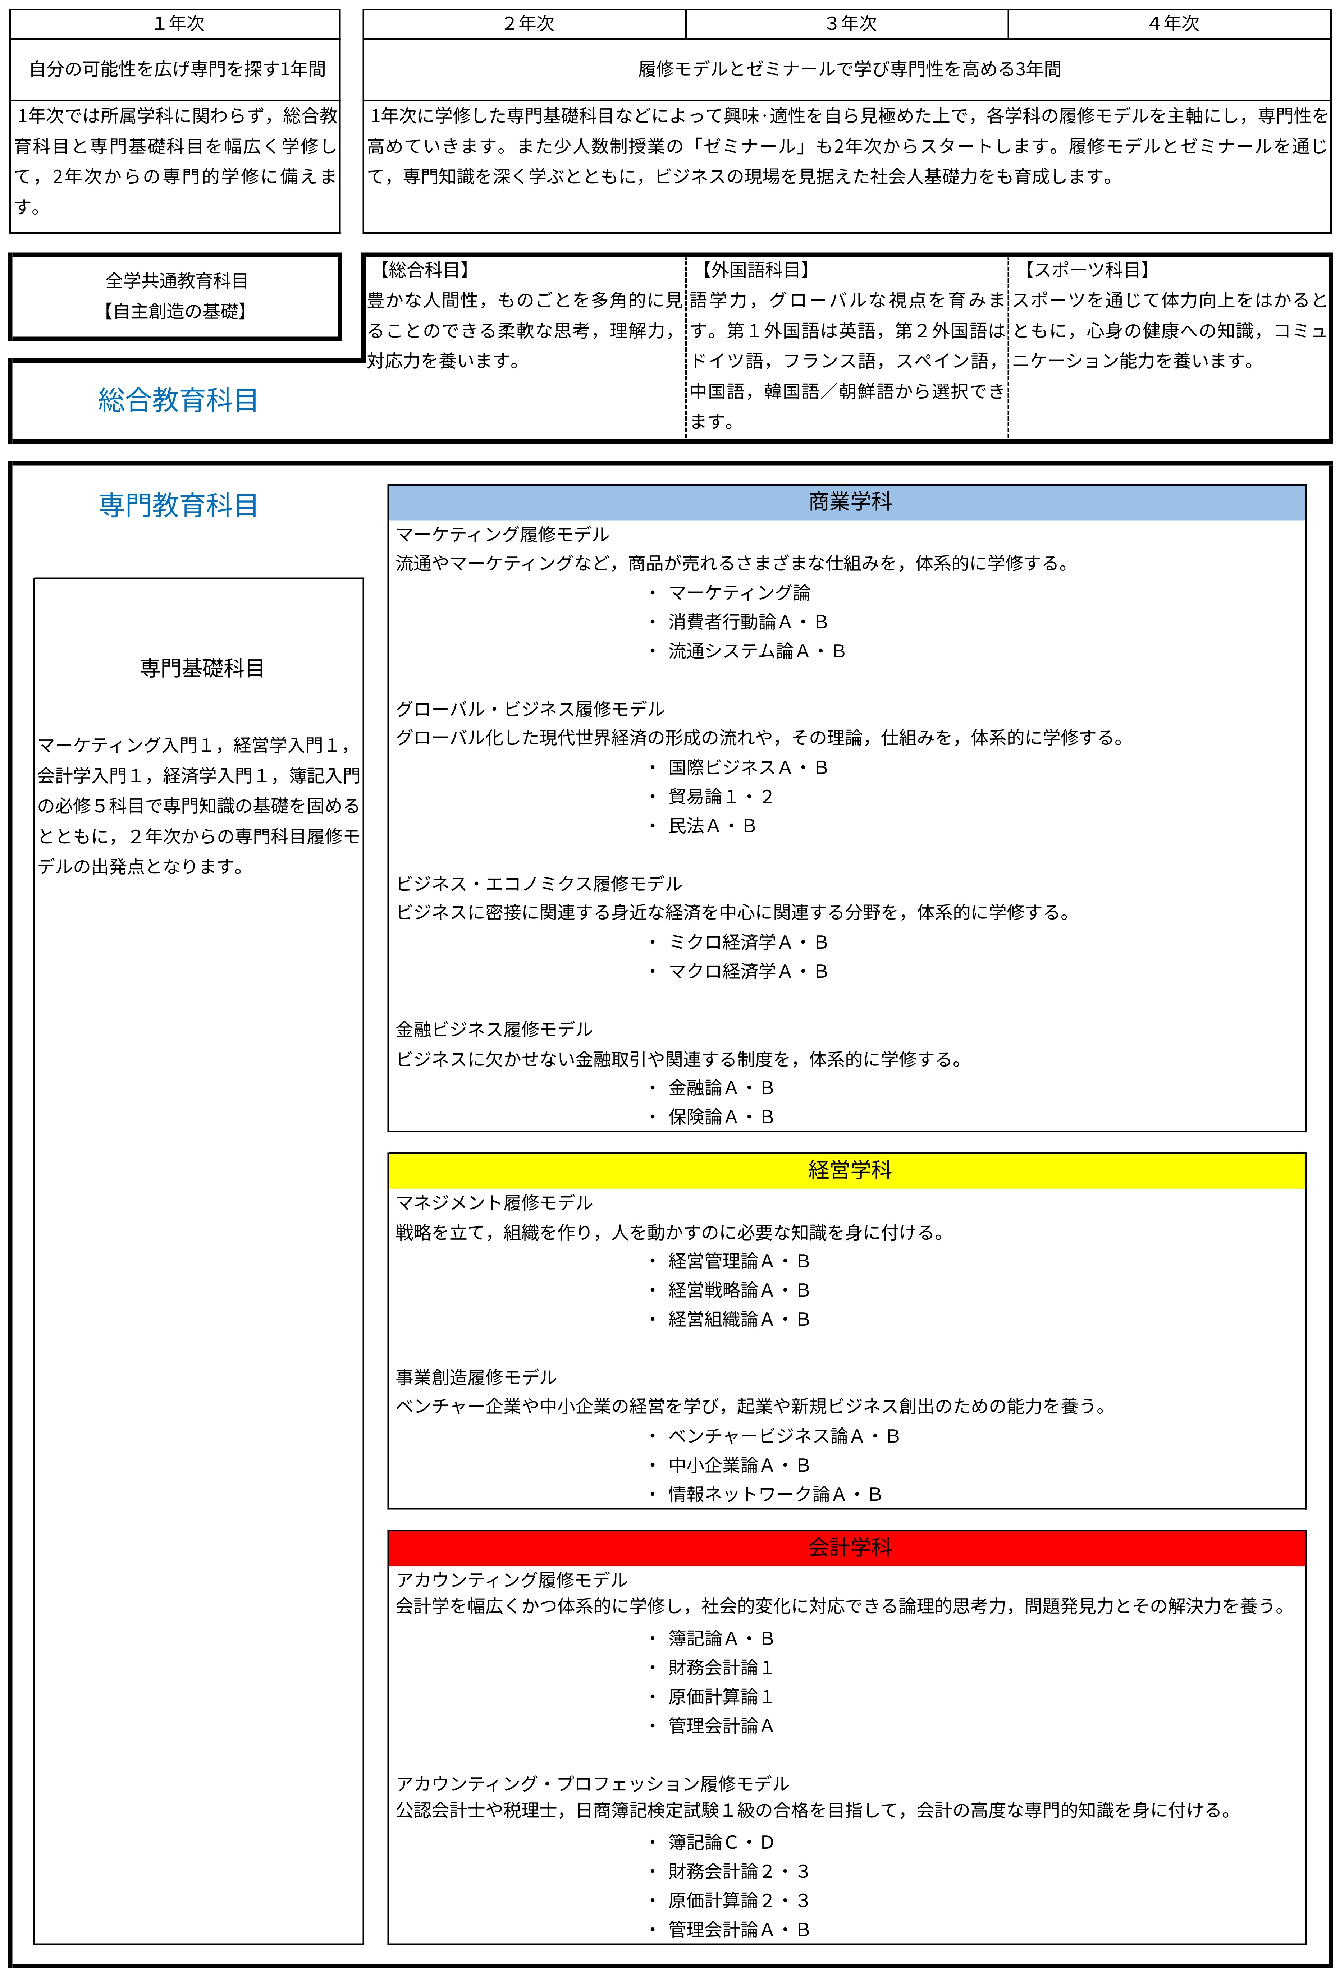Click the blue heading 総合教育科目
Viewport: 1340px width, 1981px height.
178,400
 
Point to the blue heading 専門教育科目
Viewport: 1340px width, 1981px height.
178,505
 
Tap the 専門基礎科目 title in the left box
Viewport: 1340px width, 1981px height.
202,668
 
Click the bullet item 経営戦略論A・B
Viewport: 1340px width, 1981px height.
738,1290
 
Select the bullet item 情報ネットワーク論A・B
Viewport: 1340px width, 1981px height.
774,1494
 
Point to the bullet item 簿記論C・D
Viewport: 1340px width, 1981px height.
720,1843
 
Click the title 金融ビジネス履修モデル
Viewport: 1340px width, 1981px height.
494,1030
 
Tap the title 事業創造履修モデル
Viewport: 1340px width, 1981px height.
476,1377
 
